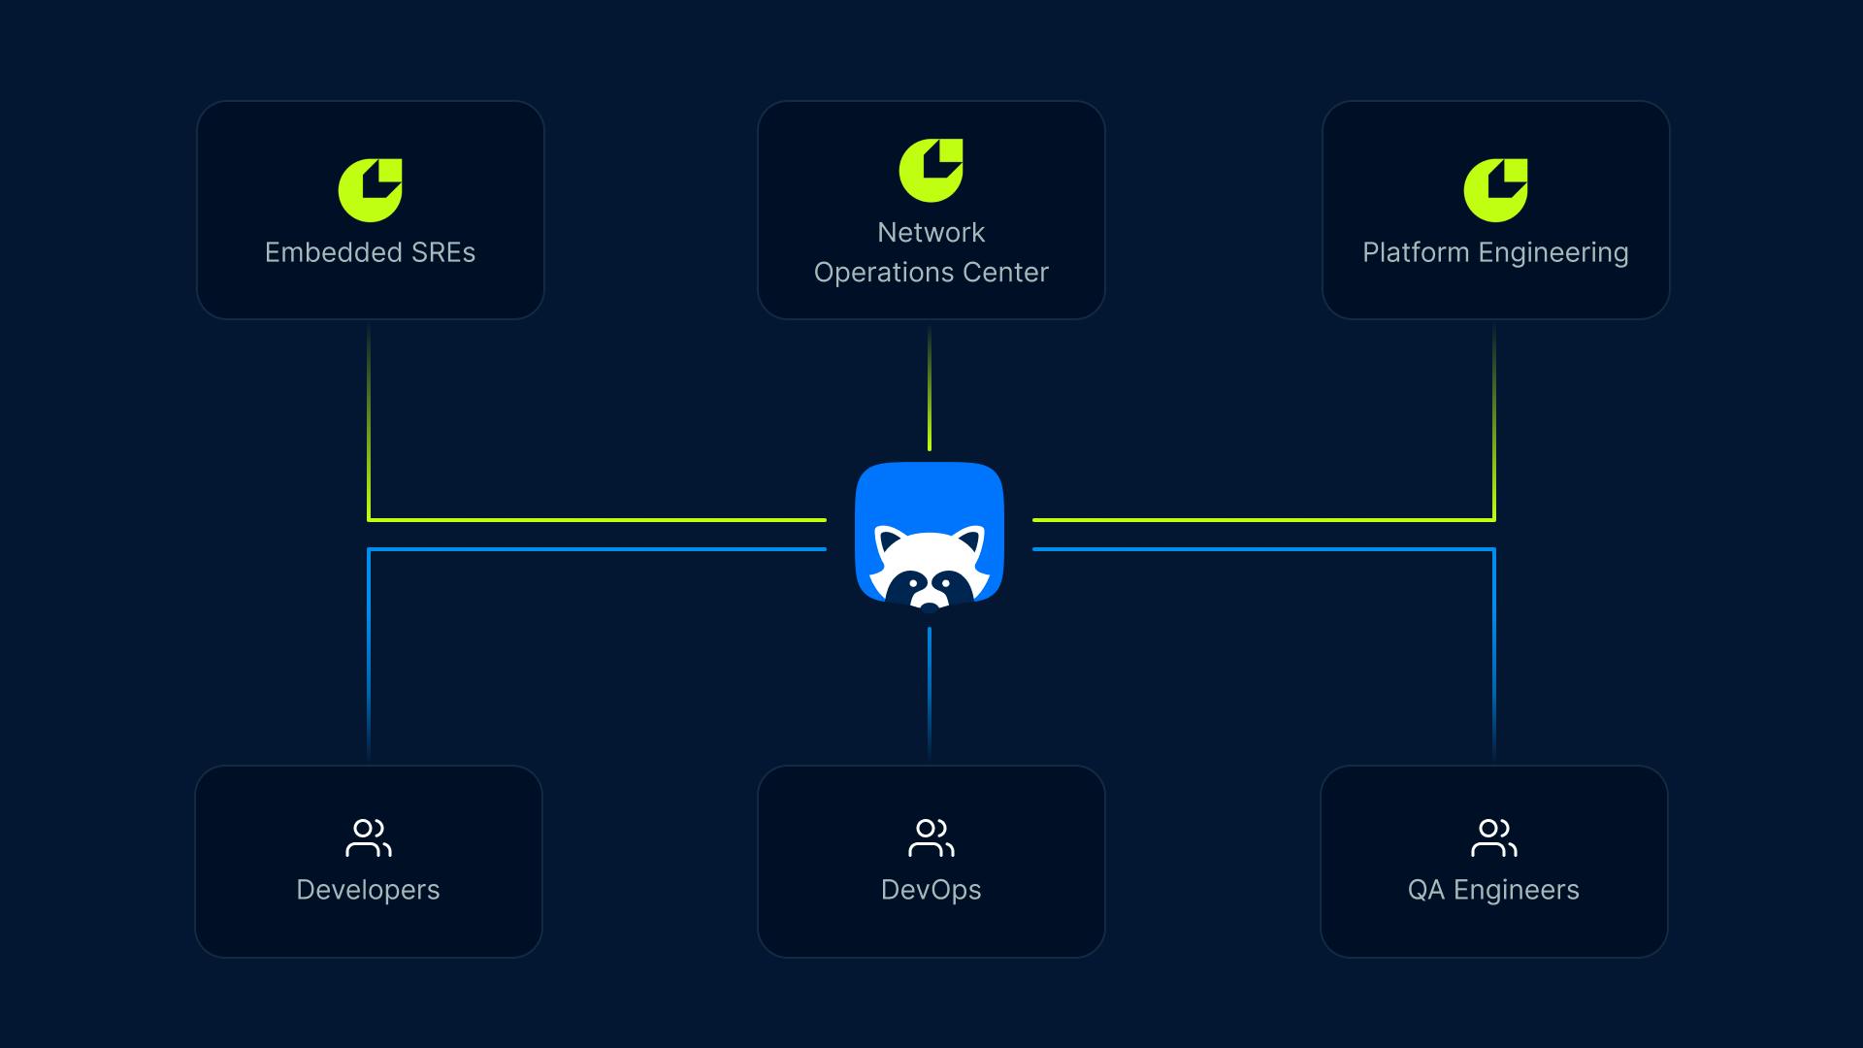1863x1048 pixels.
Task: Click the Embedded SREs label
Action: click(x=370, y=252)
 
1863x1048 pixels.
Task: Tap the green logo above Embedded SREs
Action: click(x=370, y=190)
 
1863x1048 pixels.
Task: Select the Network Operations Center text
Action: click(x=931, y=252)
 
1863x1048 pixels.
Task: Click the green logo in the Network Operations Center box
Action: click(x=931, y=171)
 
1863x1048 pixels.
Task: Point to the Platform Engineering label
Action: click(x=1494, y=252)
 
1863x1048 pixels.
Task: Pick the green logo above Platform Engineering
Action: click(x=1494, y=190)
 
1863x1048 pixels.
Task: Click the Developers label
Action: click(x=368, y=890)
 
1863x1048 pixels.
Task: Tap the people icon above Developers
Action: click(x=368, y=838)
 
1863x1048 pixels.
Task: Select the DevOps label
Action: click(x=931, y=890)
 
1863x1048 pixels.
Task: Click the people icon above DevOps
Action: click(x=931, y=838)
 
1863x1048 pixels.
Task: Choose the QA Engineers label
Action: click(x=1493, y=890)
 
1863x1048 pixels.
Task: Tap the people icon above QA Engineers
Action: click(x=1493, y=838)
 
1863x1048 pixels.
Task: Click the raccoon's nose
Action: click(x=930, y=606)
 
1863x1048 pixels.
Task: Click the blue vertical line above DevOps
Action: click(x=930, y=689)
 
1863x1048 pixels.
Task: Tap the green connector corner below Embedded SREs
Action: click(x=370, y=519)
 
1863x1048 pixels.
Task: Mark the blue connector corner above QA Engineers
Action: click(x=1493, y=550)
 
